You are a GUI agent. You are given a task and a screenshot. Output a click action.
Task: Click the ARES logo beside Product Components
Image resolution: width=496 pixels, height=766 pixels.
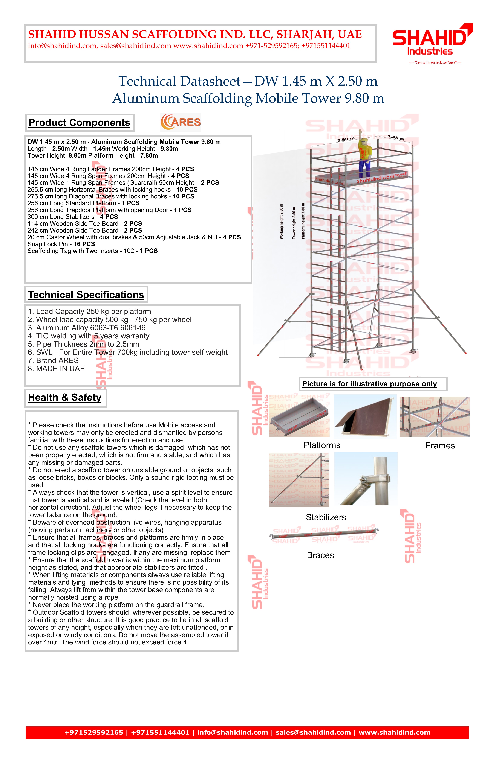click(x=180, y=122)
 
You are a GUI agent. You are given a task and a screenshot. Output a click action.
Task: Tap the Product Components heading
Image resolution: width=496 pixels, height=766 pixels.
click(x=79, y=123)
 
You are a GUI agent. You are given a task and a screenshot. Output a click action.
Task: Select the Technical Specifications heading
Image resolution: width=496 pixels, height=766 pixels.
click(x=86, y=295)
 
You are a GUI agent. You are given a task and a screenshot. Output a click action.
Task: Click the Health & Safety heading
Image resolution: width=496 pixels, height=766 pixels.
click(x=65, y=397)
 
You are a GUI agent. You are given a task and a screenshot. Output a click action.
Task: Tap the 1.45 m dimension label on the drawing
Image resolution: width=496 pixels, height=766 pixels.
click(x=396, y=138)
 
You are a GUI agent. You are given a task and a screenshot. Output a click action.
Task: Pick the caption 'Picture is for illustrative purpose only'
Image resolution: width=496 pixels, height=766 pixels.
click(x=369, y=384)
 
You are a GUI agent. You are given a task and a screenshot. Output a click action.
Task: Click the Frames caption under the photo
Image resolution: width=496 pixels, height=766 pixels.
click(x=440, y=446)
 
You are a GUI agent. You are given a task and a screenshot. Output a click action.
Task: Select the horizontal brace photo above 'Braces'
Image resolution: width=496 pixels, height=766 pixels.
click(x=324, y=535)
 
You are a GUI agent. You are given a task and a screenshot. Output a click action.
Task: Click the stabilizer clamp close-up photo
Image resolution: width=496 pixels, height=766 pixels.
click(x=366, y=479)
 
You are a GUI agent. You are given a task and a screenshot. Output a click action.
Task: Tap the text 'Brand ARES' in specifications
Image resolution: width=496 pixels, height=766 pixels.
click(x=53, y=360)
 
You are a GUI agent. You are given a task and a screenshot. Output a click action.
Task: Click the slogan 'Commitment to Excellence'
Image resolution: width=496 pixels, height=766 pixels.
click(x=435, y=62)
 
